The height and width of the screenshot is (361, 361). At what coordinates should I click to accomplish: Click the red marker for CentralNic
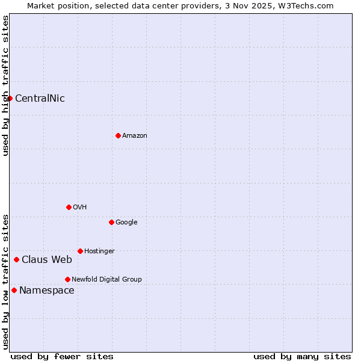pyautogui.click(x=10, y=98)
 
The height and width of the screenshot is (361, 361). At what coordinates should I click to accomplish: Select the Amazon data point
pyautogui.click(x=118, y=135)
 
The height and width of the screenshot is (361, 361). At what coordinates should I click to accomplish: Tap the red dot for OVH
pyautogui.click(x=69, y=207)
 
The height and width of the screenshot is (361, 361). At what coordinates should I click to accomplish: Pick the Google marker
pyautogui.click(x=111, y=222)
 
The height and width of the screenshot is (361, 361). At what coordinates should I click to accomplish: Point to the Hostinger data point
pyautogui.click(x=80, y=251)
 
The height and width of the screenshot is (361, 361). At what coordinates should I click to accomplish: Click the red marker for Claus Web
pyautogui.click(x=16, y=259)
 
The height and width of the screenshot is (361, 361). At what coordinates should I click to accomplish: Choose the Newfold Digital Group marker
pyautogui.click(x=67, y=279)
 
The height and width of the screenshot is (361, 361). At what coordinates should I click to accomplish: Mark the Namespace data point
pyautogui.click(x=14, y=290)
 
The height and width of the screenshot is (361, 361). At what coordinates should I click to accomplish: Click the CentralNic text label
pyautogui.click(x=40, y=99)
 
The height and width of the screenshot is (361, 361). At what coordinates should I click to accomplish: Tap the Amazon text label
pyautogui.click(x=135, y=136)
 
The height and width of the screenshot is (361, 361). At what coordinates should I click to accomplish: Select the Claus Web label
pyautogui.click(x=47, y=260)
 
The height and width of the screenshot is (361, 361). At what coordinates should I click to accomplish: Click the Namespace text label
pyautogui.click(x=47, y=291)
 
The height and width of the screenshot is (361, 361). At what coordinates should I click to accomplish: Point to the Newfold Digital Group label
pyautogui.click(x=106, y=279)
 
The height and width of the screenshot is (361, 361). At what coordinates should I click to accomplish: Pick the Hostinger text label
pyautogui.click(x=99, y=251)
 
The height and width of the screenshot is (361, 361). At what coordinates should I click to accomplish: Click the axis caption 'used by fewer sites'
pyautogui.click(x=62, y=356)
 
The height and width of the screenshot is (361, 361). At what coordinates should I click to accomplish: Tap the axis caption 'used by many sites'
pyautogui.click(x=302, y=356)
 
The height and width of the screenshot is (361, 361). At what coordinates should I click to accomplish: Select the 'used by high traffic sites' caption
pyautogui.click(x=6, y=85)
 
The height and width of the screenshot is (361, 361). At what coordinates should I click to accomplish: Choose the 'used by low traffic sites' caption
pyautogui.click(x=6, y=282)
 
